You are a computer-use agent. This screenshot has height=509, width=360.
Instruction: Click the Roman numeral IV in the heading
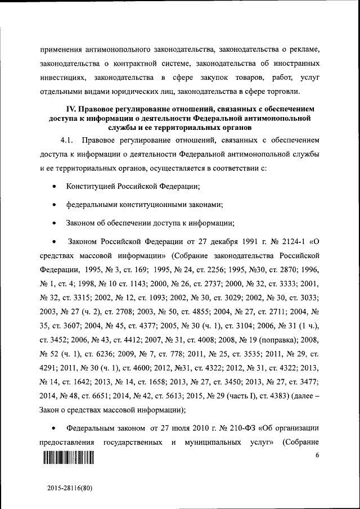tap(72, 109)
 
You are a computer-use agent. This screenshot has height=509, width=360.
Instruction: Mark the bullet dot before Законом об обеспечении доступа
tap(53, 224)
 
